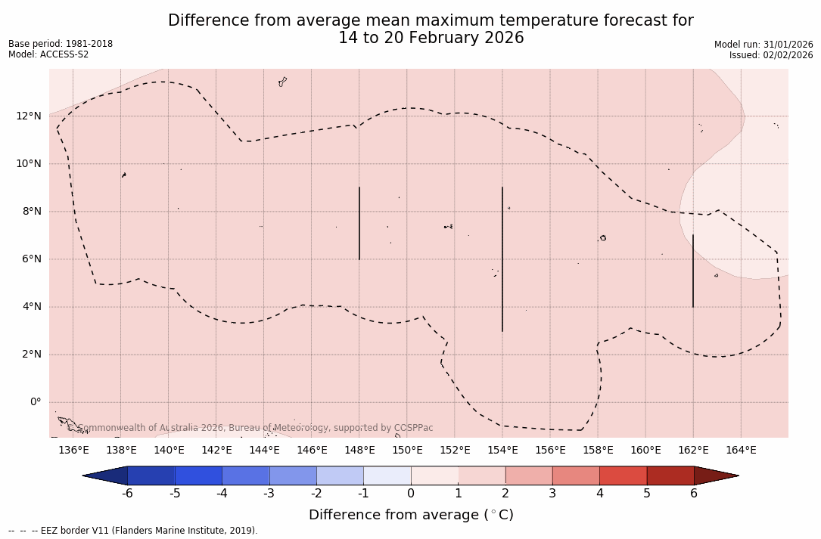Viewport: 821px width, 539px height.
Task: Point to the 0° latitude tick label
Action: coord(36,402)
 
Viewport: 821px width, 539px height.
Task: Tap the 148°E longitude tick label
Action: coord(359,451)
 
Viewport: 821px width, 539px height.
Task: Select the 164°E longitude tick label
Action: coord(741,451)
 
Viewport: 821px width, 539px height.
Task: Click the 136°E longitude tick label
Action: coord(73,451)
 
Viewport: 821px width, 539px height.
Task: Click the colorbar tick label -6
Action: coord(127,494)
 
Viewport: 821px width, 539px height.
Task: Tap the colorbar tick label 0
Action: coord(411,494)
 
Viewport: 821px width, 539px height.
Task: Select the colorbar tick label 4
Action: coord(599,494)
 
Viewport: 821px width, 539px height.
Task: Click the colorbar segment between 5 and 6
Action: coord(670,475)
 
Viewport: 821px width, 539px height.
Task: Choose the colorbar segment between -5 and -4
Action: coord(198,475)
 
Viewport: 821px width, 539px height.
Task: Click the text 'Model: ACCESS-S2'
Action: coord(48,54)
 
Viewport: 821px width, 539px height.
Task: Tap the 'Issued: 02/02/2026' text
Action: coord(771,55)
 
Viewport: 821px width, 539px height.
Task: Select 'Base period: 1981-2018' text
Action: coord(61,44)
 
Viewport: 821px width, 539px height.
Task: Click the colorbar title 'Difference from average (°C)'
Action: coord(411,515)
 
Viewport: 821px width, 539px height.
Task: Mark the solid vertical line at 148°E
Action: coord(359,223)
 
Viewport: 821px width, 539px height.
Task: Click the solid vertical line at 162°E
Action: coord(693,271)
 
